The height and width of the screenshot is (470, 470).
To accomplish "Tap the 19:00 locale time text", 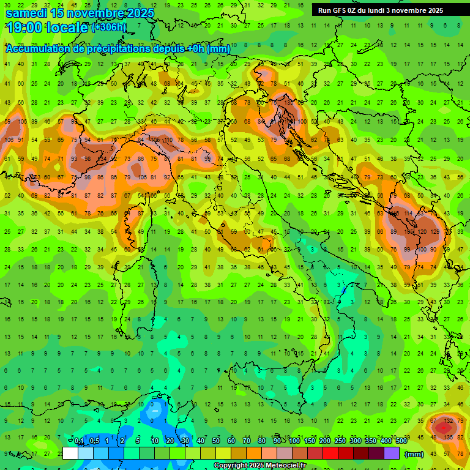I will [x=47, y=28].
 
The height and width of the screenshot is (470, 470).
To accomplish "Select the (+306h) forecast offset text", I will [x=109, y=28].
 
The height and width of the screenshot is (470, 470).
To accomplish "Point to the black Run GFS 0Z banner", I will [x=381, y=10].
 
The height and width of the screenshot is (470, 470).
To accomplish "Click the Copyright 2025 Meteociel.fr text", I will [x=259, y=466].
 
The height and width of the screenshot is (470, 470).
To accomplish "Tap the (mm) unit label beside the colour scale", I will [x=414, y=454].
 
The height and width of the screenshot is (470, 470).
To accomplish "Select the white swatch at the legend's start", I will [x=70, y=453].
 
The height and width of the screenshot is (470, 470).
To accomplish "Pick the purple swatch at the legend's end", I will [x=392, y=453].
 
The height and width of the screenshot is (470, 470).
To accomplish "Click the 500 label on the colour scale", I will [x=401, y=441].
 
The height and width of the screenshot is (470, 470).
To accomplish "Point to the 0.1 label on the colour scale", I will [x=79, y=441].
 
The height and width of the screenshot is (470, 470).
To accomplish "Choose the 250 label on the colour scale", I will [x=340, y=441].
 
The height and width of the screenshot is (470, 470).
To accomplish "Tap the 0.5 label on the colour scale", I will [x=94, y=441].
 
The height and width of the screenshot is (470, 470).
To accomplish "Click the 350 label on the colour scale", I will [x=370, y=441].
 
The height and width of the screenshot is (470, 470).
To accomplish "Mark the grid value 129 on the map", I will [x=435, y=233].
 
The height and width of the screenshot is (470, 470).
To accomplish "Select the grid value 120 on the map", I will [x=422, y=233].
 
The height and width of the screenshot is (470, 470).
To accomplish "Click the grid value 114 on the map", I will [x=408, y=214].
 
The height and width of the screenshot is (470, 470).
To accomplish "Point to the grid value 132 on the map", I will [x=449, y=420].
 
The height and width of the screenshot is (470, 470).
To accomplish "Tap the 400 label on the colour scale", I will [x=386, y=441].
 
